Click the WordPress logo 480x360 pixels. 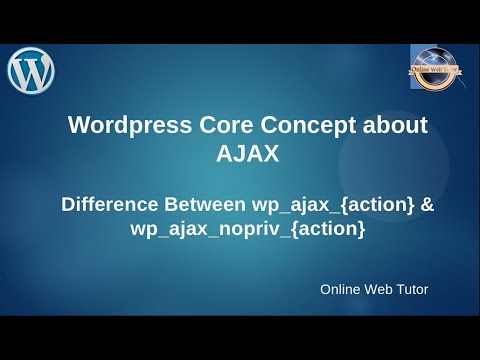(x=31, y=70)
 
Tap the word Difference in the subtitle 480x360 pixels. (x=108, y=205)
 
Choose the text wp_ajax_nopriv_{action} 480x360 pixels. (x=247, y=230)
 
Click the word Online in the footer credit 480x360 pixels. (x=343, y=290)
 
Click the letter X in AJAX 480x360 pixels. (x=269, y=154)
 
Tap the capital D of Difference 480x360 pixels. (x=69, y=205)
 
